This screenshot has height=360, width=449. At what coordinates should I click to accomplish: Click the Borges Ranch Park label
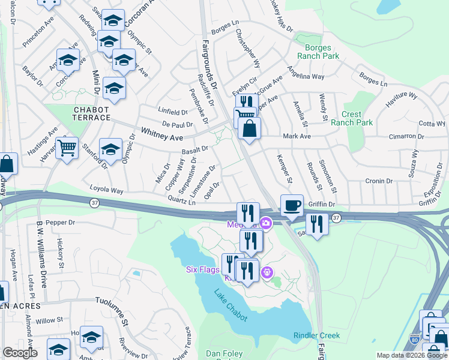coord(322,52)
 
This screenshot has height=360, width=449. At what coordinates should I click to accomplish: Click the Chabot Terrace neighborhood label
coord(91,114)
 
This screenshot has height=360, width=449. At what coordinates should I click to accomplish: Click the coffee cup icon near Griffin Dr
coord(292,205)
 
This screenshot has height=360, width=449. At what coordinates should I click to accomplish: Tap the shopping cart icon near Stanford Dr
coord(67,147)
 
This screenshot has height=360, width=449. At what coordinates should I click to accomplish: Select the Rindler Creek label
coord(316,335)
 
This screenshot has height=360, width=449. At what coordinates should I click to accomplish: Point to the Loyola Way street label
coord(106,191)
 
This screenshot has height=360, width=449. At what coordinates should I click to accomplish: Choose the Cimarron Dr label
coord(405,136)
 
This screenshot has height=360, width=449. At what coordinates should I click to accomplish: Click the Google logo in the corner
coord(20,353)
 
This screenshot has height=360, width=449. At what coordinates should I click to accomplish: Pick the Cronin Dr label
coord(379,180)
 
